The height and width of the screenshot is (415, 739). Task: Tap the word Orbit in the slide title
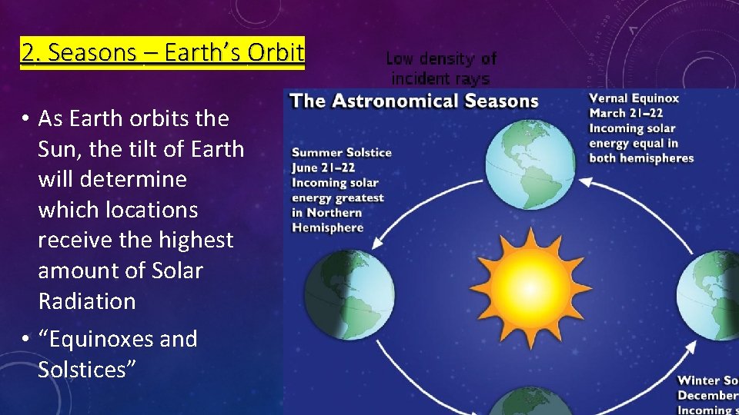[x=276, y=52]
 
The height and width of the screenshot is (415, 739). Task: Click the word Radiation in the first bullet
[x=87, y=300]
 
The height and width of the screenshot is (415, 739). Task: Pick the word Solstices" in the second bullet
[x=87, y=369]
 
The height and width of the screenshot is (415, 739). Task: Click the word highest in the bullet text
[x=196, y=240]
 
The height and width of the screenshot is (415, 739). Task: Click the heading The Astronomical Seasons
[x=413, y=101]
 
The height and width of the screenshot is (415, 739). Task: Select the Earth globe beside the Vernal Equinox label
[x=530, y=164]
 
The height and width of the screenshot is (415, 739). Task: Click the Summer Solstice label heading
[x=341, y=152]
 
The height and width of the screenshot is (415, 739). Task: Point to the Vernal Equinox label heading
[x=634, y=98]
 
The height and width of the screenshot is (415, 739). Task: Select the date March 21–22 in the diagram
[x=625, y=114]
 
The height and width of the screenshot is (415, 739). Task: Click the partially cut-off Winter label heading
[x=707, y=380]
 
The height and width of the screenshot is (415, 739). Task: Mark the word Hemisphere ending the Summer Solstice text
[x=327, y=227]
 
